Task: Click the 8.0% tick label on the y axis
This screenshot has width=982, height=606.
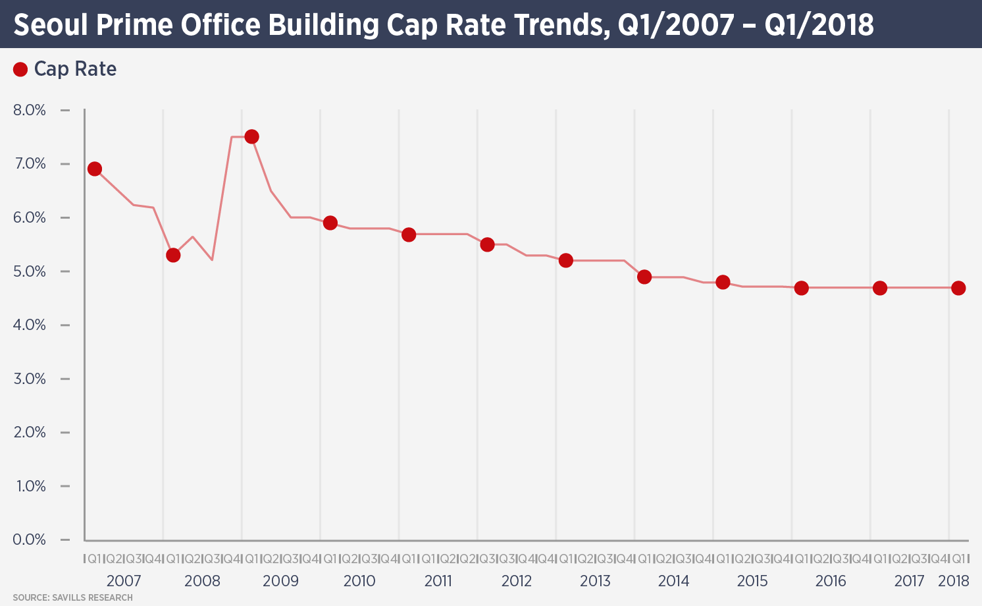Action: [x=30, y=110]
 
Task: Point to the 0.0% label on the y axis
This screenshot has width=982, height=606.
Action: [x=30, y=539]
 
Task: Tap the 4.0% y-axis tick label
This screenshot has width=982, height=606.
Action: [x=30, y=325]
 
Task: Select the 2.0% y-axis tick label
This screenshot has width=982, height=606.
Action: [x=30, y=432]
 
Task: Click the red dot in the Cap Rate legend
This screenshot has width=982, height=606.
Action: [x=20, y=69]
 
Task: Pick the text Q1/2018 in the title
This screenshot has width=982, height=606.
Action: [x=819, y=25]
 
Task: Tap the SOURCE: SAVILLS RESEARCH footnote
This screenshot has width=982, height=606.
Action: [x=72, y=597]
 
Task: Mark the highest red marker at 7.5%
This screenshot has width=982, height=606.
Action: [x=251, y=136]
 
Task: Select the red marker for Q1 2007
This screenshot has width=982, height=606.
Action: [x=95, y=169]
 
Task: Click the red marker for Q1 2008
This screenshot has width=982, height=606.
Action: [x=173, y=255]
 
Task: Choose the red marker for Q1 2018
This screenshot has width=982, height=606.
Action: [x=958, y=288]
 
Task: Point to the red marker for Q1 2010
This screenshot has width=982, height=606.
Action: [x=330, y=223]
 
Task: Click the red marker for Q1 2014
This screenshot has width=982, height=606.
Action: [x=644, y=277]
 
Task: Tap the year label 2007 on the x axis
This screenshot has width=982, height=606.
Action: [x=124, y=581]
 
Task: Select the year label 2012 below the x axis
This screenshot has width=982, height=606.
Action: [x=517, y=581]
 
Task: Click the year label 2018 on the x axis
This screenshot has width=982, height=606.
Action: [x=954, y=581]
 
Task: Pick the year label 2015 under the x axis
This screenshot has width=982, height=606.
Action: [x=752, y=581]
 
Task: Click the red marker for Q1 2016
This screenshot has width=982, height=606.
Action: [x=801, y=288]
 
